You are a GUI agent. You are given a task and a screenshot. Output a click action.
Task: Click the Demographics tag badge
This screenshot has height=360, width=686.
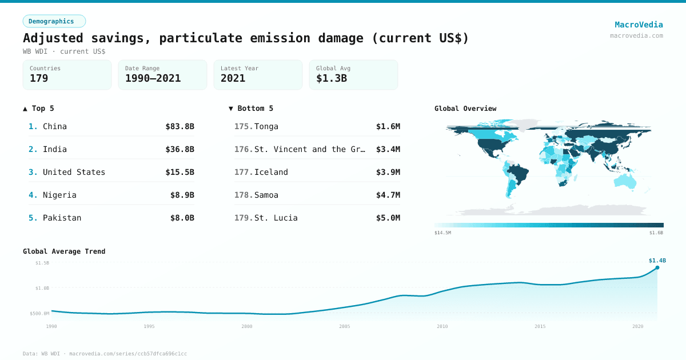54,21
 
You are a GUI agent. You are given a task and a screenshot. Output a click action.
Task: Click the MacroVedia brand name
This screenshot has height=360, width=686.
639,25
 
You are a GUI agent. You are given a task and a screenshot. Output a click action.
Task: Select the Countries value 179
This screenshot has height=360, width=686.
39,78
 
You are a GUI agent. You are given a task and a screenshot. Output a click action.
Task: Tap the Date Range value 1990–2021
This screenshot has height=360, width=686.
153,78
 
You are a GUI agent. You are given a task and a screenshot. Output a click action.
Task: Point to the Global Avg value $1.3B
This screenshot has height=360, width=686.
331,78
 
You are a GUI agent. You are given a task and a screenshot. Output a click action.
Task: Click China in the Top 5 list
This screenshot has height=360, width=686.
55,126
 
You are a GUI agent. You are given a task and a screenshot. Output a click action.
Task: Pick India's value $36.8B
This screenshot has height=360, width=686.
180,149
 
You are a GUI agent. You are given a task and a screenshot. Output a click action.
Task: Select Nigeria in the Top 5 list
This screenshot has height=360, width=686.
59,195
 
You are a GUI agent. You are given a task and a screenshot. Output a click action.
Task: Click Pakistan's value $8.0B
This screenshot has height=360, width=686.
182,218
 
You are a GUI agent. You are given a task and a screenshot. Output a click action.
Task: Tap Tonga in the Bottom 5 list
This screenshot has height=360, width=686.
266,126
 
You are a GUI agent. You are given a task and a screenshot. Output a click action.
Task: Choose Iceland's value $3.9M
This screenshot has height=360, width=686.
388,172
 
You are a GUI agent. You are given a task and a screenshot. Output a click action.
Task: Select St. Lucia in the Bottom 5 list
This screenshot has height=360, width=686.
276,218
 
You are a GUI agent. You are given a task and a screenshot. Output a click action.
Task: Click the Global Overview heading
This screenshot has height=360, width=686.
465,109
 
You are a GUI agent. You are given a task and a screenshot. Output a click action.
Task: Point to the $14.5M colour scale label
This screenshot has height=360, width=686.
442,233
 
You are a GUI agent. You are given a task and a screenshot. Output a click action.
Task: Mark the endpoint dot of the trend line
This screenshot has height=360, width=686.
657,267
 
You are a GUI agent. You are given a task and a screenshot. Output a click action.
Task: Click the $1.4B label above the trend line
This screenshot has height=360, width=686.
657,261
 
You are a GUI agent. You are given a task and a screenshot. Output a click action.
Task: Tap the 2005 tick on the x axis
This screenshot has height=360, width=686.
345,326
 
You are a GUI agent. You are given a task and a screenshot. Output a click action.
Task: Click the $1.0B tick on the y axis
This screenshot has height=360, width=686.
42,288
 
